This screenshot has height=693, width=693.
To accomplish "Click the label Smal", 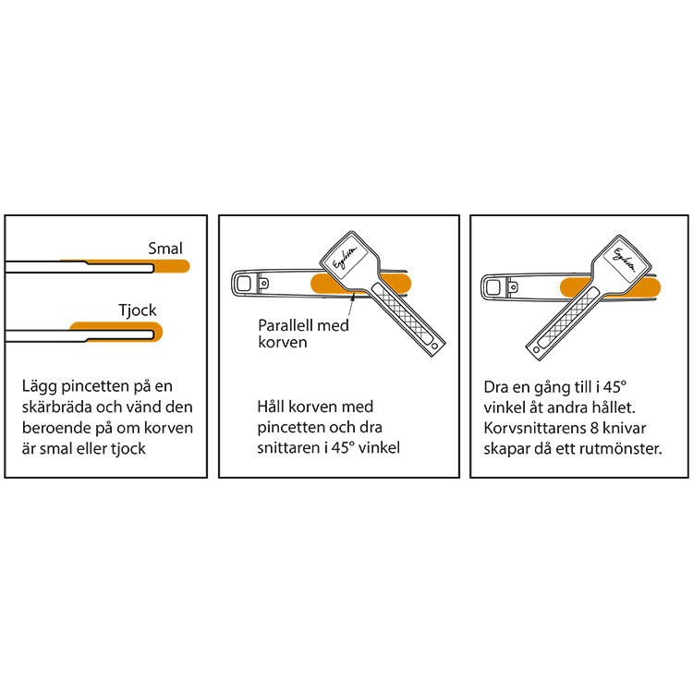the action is pyautogui.click(x=164, y=249).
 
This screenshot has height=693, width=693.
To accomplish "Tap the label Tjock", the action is pyautogui.click(x=137, y=310).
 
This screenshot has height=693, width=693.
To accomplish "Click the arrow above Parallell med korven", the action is pyautogui.click(x=352, y=305).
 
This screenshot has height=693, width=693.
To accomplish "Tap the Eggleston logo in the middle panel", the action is pyautogui.click(x=345, y=258).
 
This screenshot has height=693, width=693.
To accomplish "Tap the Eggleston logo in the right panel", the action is pyautogui.click(x=624, y=260).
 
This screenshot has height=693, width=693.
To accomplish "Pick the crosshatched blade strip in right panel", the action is pyautogui.click(x=568, y=317).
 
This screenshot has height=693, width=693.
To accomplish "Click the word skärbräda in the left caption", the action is pyautogui.click(x=57, y=407).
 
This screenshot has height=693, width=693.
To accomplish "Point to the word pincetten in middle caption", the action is pyautogui.click(x=285, y=428).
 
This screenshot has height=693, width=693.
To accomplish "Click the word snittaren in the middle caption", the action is pyautogui.click(x=288, y=448).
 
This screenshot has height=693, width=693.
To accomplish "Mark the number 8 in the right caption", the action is pyautogui.click(x=594, y=428).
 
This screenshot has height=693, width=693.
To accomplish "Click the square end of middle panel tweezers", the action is pyautogui.click(x=244, y=284).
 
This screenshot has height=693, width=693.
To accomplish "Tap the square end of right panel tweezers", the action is pyautogui.click(x=492, y=287).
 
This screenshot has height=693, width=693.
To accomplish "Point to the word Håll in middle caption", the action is pyautogui.click(x=272, y=407).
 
